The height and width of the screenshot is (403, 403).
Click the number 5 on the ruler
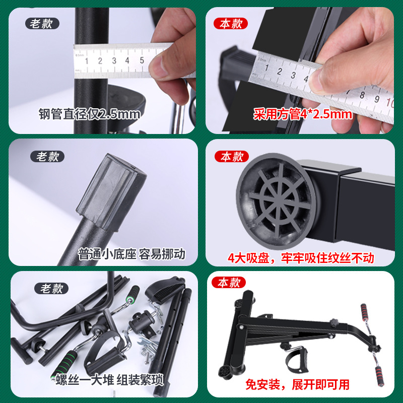click(x=142, y=60)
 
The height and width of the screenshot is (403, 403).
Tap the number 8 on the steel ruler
click(x=362, y=95)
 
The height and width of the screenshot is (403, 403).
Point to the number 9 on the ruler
click(x=377, y=99)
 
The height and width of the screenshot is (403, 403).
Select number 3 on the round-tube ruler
click(x=114, y=60)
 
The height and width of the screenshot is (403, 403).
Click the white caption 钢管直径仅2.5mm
click(x=90, y=114)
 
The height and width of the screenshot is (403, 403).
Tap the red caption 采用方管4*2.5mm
click(x=303, y=114)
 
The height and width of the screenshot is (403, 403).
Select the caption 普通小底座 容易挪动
click(x=131, y=254)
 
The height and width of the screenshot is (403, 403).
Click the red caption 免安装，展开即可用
click(x=297, y=385)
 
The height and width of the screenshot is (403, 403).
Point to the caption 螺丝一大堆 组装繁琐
click(x=110, y=380)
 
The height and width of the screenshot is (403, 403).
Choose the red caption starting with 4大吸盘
click(x=301, y=258)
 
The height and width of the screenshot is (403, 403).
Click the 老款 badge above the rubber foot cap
click(x=47, y=157)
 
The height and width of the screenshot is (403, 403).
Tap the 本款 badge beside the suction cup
click(x=232, y=157)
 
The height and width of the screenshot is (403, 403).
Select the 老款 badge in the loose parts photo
click(x=51, y=289)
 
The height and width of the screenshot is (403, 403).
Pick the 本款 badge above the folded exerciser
click(x=229, y=283)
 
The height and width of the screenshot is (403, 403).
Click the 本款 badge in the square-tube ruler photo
click(x=231, y=24)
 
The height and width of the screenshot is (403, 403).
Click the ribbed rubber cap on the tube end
click(x=111, y=192)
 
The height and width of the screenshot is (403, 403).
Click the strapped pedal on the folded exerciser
click(x=297, y=359)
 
